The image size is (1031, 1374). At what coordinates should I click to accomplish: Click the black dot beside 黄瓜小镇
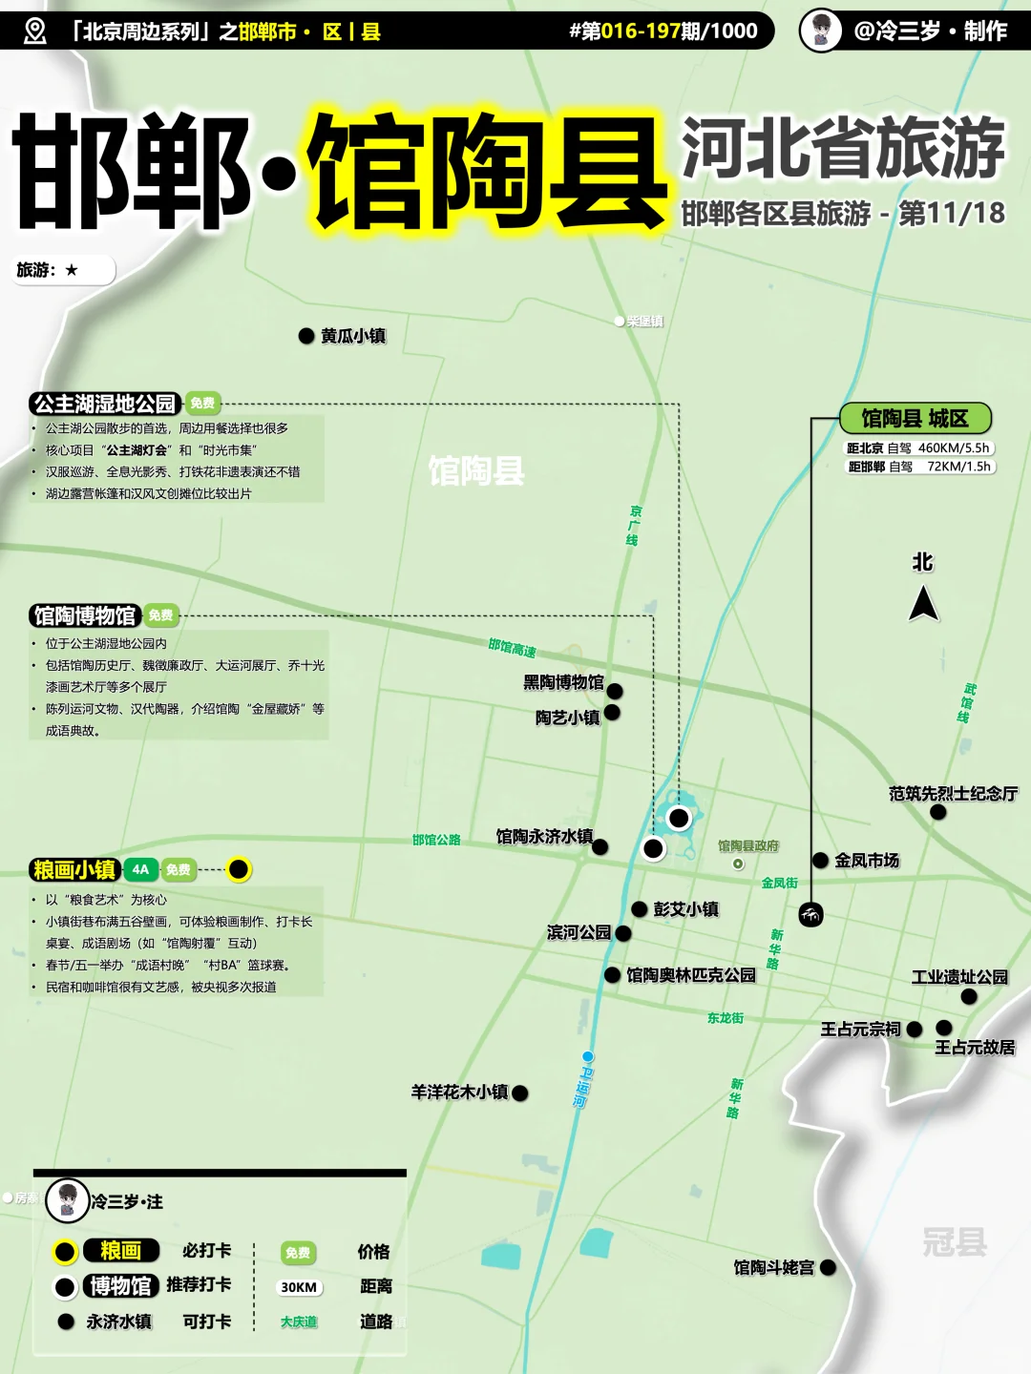pyautogui.click(x=306, y=336)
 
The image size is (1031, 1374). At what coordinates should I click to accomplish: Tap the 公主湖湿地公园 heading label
pyautogui.click(x=105, y=404)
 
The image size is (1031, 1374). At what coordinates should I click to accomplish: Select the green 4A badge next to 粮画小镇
pyautogui.click(x=140, y=869)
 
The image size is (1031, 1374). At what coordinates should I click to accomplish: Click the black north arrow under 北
pyautogui.click(x=923, y=604)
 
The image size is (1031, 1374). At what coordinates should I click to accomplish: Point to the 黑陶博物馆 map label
pyautogui.click(x=563, y=682)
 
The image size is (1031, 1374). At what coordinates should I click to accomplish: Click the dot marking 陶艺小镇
pyautogui.click(x=613, y=713)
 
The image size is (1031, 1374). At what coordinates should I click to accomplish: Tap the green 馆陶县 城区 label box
pyautogui.click(x=915, y=418)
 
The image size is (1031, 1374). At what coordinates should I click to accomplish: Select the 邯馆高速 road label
pyautogui.click(x=512, y=649)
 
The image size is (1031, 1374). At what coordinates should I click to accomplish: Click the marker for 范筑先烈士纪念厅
pyautogui.click(x=938, y=812)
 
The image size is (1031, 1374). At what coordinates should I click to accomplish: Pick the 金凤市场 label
pyautogui.click(x=867, y=861)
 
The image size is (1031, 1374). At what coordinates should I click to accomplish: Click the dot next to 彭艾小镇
pyautogui.click(x=640, y=909)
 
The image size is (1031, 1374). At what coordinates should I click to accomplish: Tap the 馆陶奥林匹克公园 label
pyautogui.click(x=691, y=975)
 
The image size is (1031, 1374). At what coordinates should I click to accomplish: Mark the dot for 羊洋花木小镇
pyautogui.click(x=520, y=1093)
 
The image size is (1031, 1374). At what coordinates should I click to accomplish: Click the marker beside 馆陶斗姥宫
pyautogui.click(x=828, y=1268)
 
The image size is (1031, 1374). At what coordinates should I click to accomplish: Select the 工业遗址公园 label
pyautogui.click(x=959, y=977)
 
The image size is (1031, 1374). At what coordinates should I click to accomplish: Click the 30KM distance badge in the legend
pyautogui.click(x=298, y=1287)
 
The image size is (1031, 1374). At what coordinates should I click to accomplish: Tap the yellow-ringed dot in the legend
pyautogui.click(x=65, y=1252)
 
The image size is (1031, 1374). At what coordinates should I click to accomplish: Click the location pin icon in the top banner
pyautogui.click(x=34, y=31)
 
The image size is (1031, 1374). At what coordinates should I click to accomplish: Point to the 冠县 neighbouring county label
pyautogui.click(x=954, y=1241)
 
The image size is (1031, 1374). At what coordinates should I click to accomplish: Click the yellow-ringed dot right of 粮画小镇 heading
pyautogui.click(x=239, y=869)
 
